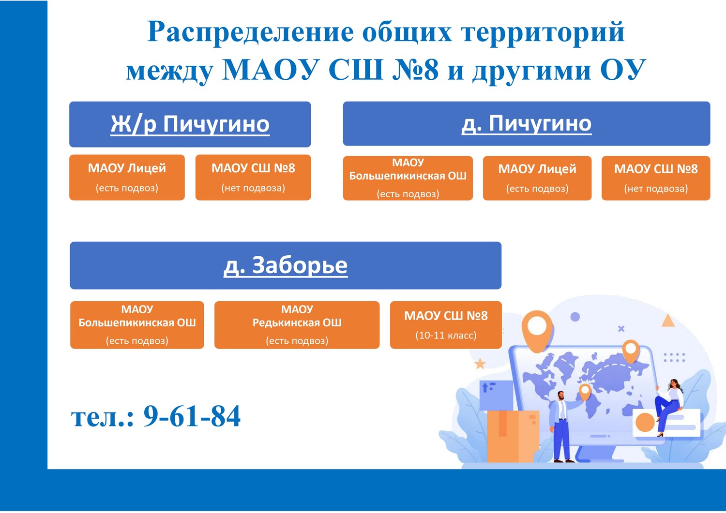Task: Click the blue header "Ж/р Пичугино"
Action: click(x=190, y=124)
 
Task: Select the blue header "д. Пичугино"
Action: click(x=527, y=124)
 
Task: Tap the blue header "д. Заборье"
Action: click(x=286, y=265)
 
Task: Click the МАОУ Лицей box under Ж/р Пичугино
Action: click(x=127, y=177)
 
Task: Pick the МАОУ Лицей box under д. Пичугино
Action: click(x=537, y=178)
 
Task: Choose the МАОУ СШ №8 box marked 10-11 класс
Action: click(x=446, y=325)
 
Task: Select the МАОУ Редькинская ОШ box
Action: click(x=297, y=325)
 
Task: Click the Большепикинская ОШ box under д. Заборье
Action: click(x=137, y=325)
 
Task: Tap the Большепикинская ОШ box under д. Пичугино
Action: click(x=408, y=178)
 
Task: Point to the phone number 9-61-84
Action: click(x=192, y=416)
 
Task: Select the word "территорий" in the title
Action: click(x=543, y=32)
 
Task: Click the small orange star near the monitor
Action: click(x=480, y=364)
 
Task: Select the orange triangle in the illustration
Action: click(x=668, y=321)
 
